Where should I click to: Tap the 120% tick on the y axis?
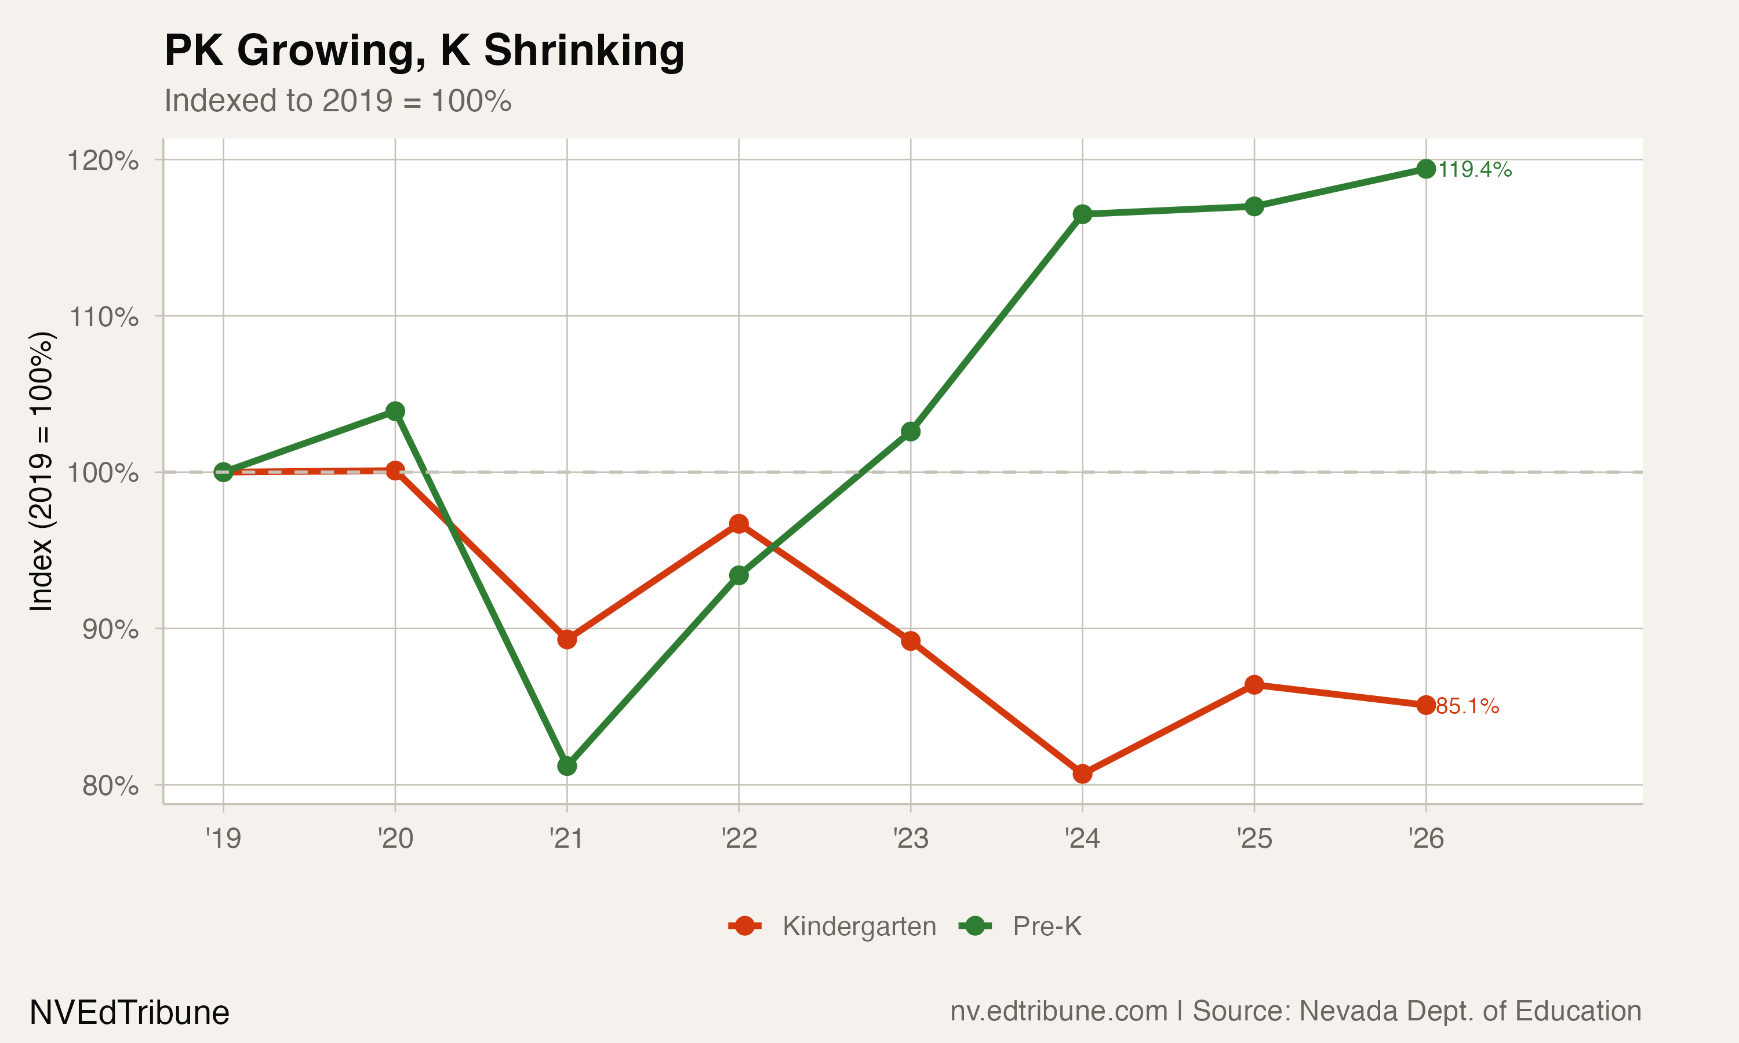pyautogui.click(x=103, y=161)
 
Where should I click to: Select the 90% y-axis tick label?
pyautogui.click(x=110, y=630)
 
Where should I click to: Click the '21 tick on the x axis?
pyautogui.click(x=566, y=838)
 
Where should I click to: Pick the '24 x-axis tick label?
pyautogui.click(x=1082, y=838)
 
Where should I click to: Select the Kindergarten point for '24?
pyautogui.click(x=1082, y=774)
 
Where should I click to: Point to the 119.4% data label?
pyautogui.click(x=1475, y=170)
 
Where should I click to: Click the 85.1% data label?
pyautogui.click(x=1467, y=706)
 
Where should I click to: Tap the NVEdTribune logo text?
pyautogui.click(x=129, y=1013)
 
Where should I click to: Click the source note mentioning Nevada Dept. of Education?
pyautogui.click(x=1296, y=1011)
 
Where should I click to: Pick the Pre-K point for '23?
pyautogui.click(x=910, y=432)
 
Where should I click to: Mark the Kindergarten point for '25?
pyautogui.click(x=1254, y=684)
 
